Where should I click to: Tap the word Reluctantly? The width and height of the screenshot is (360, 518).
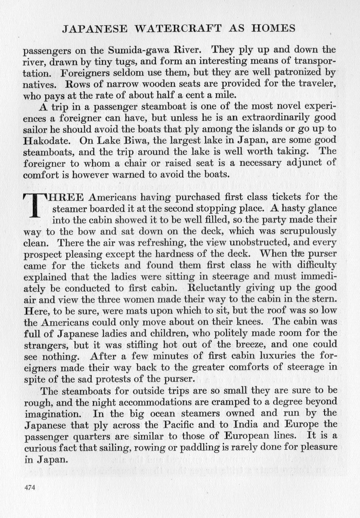(x=208, y=288)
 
